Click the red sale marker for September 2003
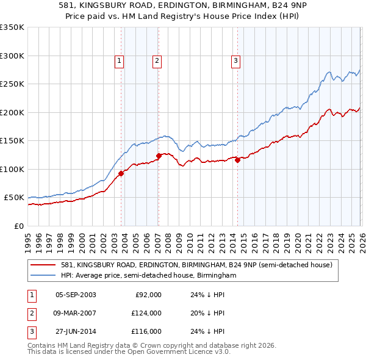point(121,173)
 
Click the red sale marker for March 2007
point(159,156)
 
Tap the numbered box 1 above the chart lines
point(119,60)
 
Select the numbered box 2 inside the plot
point(157,60)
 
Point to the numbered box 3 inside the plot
point(235,60)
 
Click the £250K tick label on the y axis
point(12,84)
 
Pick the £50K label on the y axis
point(14,198)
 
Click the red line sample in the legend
point(43,265)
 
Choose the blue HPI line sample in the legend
point(43,276)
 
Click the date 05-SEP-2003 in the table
point(76,295)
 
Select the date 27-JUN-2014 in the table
point(76,331)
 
